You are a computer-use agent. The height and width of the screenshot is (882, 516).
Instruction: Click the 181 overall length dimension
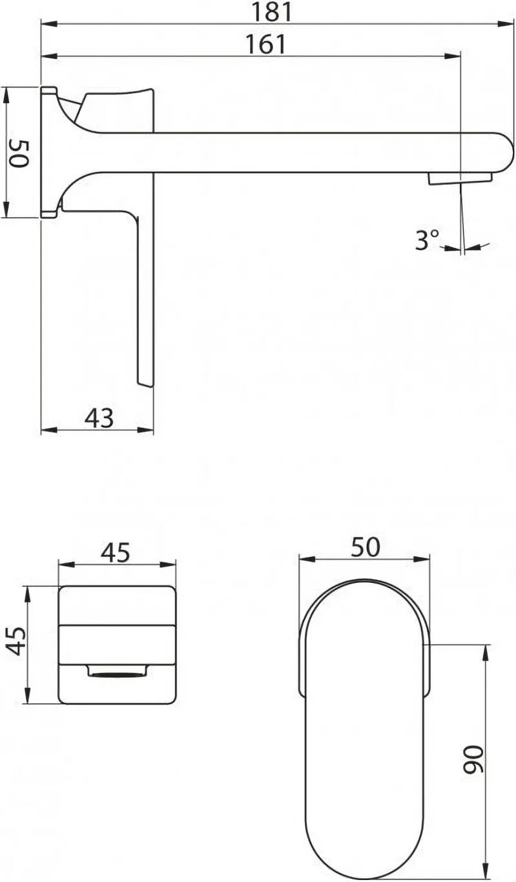[273, 12]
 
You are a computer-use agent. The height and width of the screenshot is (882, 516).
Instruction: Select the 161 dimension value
[266, 44]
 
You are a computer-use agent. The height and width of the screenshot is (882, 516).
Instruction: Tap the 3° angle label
[427, 240]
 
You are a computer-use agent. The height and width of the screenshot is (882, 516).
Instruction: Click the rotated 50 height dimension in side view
[19, 154]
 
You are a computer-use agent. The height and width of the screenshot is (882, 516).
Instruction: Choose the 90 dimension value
[472, 759]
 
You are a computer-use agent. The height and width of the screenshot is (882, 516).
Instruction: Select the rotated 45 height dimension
[17, 641]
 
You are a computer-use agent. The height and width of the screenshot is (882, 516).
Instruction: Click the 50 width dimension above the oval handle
[366, 547]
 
